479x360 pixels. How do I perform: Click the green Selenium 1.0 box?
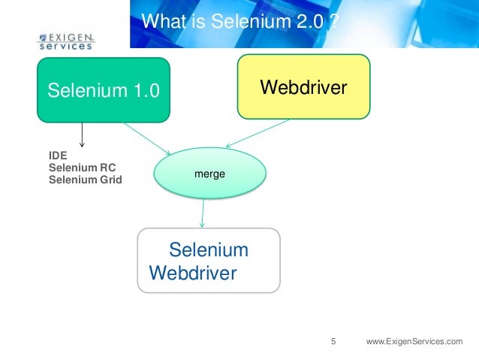pyautogui.click(x=104, y=90)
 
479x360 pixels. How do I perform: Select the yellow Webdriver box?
pyautogui.click(x=303, y=86)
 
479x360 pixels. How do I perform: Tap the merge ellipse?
pyautogui.click(x=209, y=174)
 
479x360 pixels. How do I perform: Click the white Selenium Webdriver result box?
pyautogui.click(x=208, y=260)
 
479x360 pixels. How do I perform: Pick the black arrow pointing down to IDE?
pyautogui.click(x=81, y=135)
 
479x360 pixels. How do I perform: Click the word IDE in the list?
pyautogui.click(x=57, y=156)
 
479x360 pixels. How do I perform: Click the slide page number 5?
pyautogui.click(x=334, y=342)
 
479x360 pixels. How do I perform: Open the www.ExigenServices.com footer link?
pyautogui.click(x=414, y=342)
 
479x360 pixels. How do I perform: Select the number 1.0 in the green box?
pyautogui.click(x=144, y=92)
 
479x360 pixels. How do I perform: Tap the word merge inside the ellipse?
pyautogui.click(x=209, y=174)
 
